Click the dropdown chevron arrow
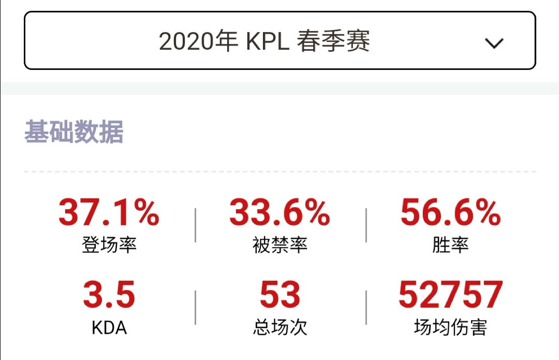point(494,44)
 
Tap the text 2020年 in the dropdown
point(197,41)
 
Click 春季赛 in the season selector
point(333,41)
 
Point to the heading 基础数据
point(73,132)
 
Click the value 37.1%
point(109,212)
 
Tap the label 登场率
point(109,244)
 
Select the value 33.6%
point(279,212)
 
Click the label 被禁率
point(279,244)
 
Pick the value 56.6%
point(450,212)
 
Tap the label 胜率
point(450,244)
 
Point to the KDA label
point(109,327)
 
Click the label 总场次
point(279,327)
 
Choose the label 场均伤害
point(450,327)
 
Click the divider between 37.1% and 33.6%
point(195,225)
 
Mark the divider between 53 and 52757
point(366,308)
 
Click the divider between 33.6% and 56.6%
point(366,225)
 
